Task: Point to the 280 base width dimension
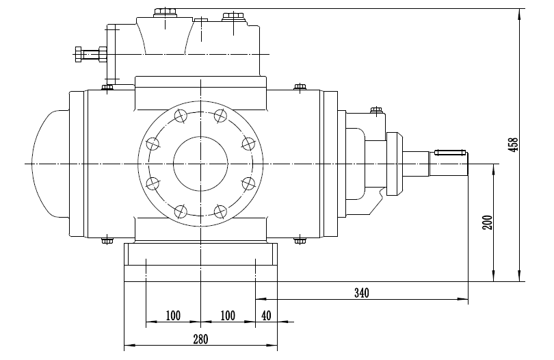pyautogui.click(x=200, y=339)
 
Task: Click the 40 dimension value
pyautogui.click(x=266, y=316)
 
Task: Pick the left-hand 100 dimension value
pyautogui.click(x=172, y=316)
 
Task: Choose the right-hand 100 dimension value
pyautogui.click(x=228, y=316)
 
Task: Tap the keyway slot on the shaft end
pyautogui.click(x=450, y=151)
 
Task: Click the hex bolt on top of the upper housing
pyautogui.click(x=165, y=12)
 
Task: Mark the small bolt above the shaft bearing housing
pyautogui.click(x=375, y=109)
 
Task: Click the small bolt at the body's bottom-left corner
pyautogui.click(x=107, y=240)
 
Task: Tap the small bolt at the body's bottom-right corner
pyautogui.click(x=299, y=240)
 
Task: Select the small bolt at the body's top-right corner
pyautogui.click(x=299, y=86)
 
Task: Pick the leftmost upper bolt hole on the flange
pyautogui.click(x=153, y=144)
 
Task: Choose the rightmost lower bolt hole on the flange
pyautogui.click(x=248, y=183)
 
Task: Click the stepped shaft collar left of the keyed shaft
pyautogui.click(x=395, y=163)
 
